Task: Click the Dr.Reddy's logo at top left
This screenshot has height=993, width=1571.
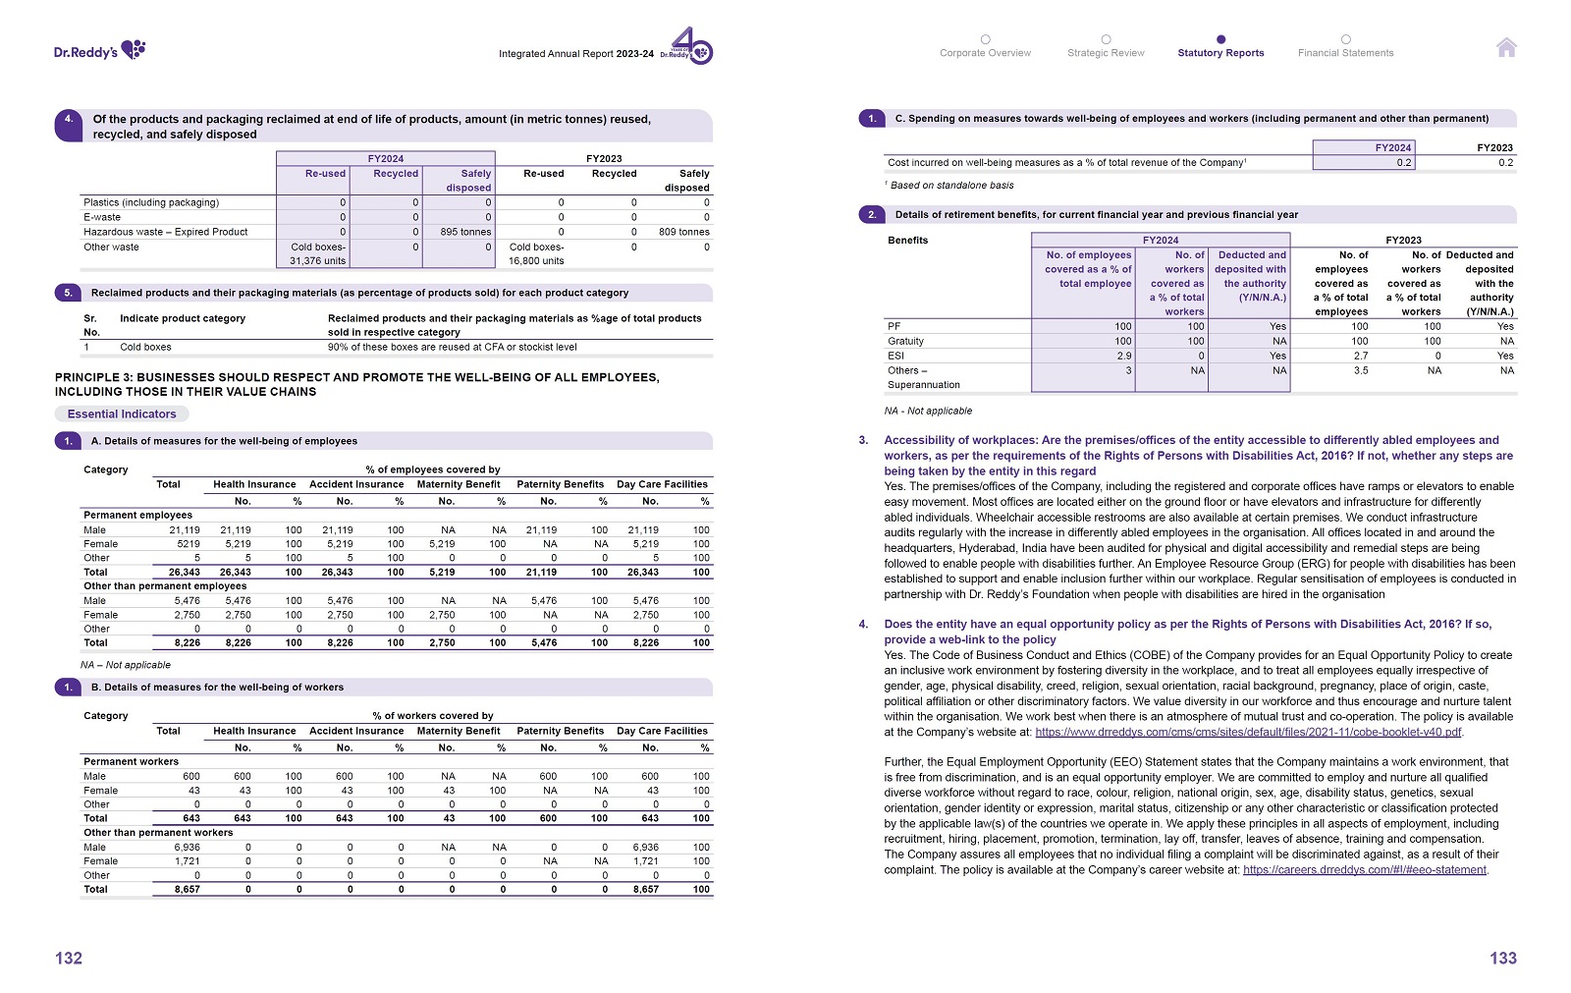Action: (x=99, y=50)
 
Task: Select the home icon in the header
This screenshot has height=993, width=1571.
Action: (x=1506, y=47)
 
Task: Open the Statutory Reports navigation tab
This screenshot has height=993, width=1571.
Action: (x=1220, y=53)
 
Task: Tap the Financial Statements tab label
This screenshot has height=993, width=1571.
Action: (x=1345, y=53)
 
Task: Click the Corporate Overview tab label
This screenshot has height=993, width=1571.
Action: (x=985, y=53)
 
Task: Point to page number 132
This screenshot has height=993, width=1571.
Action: (x=69, y=958)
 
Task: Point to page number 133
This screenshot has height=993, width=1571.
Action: (x=1502, y=958)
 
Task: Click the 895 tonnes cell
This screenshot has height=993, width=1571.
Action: (x=465, y=232)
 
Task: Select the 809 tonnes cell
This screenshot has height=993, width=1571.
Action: (x=683, y=232)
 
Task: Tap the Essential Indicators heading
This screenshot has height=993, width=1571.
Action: (x=122, y=414)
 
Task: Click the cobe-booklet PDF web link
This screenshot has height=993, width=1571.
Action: (x=1248, y=732)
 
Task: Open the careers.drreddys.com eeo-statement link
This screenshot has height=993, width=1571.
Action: (x=1364, y=869)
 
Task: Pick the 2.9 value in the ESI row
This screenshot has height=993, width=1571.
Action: (x=1123, y=356)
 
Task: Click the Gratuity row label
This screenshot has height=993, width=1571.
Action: (x=905, y=341)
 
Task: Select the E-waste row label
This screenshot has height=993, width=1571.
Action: (x=102, y=217)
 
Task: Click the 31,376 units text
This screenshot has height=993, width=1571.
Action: (x=317, y=261)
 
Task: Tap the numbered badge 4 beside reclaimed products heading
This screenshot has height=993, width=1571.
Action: (x=69, y=119)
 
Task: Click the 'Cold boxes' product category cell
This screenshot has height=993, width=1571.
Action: (x=145, y=347)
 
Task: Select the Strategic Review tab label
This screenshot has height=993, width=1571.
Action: (x=1106, y=53)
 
